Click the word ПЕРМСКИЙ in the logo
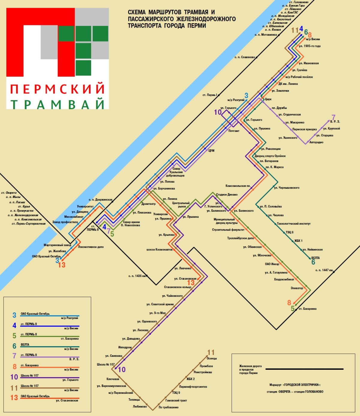[x=58, y=89]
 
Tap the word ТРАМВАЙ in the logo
[x=58, y=104]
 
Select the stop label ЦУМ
[x=211, y=150]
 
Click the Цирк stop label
[x=268, y=99]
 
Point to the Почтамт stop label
[x=234, y=131]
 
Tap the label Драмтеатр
[x=148, y=204]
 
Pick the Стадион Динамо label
[x=227, y=195]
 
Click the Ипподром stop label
[x=125, y=347]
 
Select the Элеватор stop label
[x=297, y=288]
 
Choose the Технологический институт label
[x=293, y=224]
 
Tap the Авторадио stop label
[x=316, y=142]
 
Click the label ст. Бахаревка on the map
[x=307, y=309]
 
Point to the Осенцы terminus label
[x=212, y=358]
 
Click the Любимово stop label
[x=140, y=406]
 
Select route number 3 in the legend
[x=14, y=315]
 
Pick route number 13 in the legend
[x=14, y=398]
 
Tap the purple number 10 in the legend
[x=14, y=377]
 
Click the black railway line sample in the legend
[x=304, y=369]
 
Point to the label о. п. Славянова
[x=244, y=57]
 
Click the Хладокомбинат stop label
[x=284, y=279]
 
